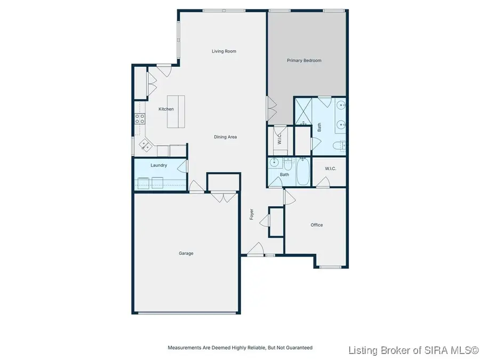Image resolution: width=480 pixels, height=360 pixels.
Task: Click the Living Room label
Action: (223, 51)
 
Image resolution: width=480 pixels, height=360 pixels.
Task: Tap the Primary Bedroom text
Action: (304, 60)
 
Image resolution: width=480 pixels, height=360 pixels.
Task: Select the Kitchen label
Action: (166, 109)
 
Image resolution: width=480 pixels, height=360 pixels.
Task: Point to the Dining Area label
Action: (225, 137)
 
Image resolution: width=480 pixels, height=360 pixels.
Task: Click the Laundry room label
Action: (158, 165)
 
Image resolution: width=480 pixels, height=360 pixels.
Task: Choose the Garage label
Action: (186, 253)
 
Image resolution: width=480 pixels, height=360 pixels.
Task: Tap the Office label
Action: (317, 225)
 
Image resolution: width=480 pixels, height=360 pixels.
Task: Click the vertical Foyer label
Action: (251, 214)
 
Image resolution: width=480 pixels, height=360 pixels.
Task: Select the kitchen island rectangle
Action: (176, 111)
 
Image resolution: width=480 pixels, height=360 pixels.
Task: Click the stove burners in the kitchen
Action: (139, 118)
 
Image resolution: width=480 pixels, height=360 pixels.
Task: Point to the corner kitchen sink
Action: (145, 144)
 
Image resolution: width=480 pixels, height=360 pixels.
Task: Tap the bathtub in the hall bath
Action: (302, 172)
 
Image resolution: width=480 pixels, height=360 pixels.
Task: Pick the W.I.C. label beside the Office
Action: (331, 169)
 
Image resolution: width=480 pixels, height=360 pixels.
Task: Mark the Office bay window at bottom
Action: (330, 267)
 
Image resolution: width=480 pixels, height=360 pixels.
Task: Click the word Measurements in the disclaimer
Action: (185, 348)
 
